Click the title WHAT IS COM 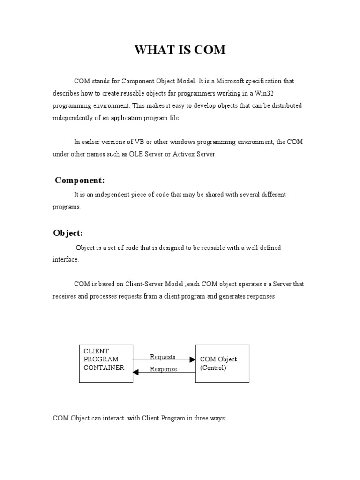coord(180,50)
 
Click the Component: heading coord(80,180)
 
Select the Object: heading coord(68,233)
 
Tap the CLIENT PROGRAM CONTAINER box coord(105,363)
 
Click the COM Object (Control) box coord(222,363)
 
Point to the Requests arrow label coord(163,357)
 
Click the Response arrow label coord(164,369)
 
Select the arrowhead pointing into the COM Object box coord(192,360)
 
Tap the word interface coord(65,260)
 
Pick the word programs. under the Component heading coord(67,207)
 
